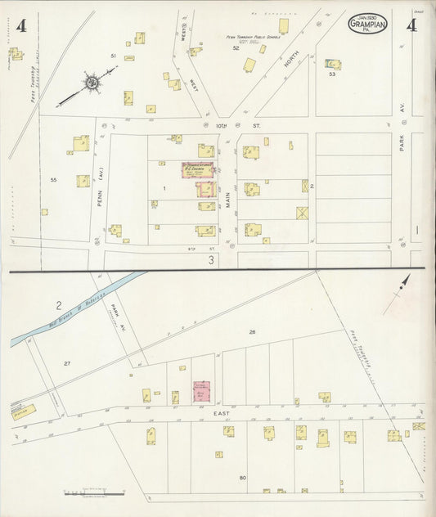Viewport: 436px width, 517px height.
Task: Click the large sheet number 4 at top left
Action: point(20,26)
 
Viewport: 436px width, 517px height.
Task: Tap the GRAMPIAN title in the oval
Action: point(367,25)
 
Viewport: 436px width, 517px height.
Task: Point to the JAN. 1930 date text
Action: point(367,16)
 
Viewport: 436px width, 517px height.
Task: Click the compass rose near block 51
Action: point(92,83)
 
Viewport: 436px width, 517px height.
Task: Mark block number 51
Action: point(114,55)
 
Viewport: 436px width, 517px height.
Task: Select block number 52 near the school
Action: point(236,48)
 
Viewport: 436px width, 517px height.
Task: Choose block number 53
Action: point(331,74)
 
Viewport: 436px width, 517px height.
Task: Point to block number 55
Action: point(53,179)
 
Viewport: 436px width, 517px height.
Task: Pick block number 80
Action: point(242,477)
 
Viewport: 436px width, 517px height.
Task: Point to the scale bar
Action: point(92,493)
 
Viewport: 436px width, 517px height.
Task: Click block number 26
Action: point(253,331)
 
